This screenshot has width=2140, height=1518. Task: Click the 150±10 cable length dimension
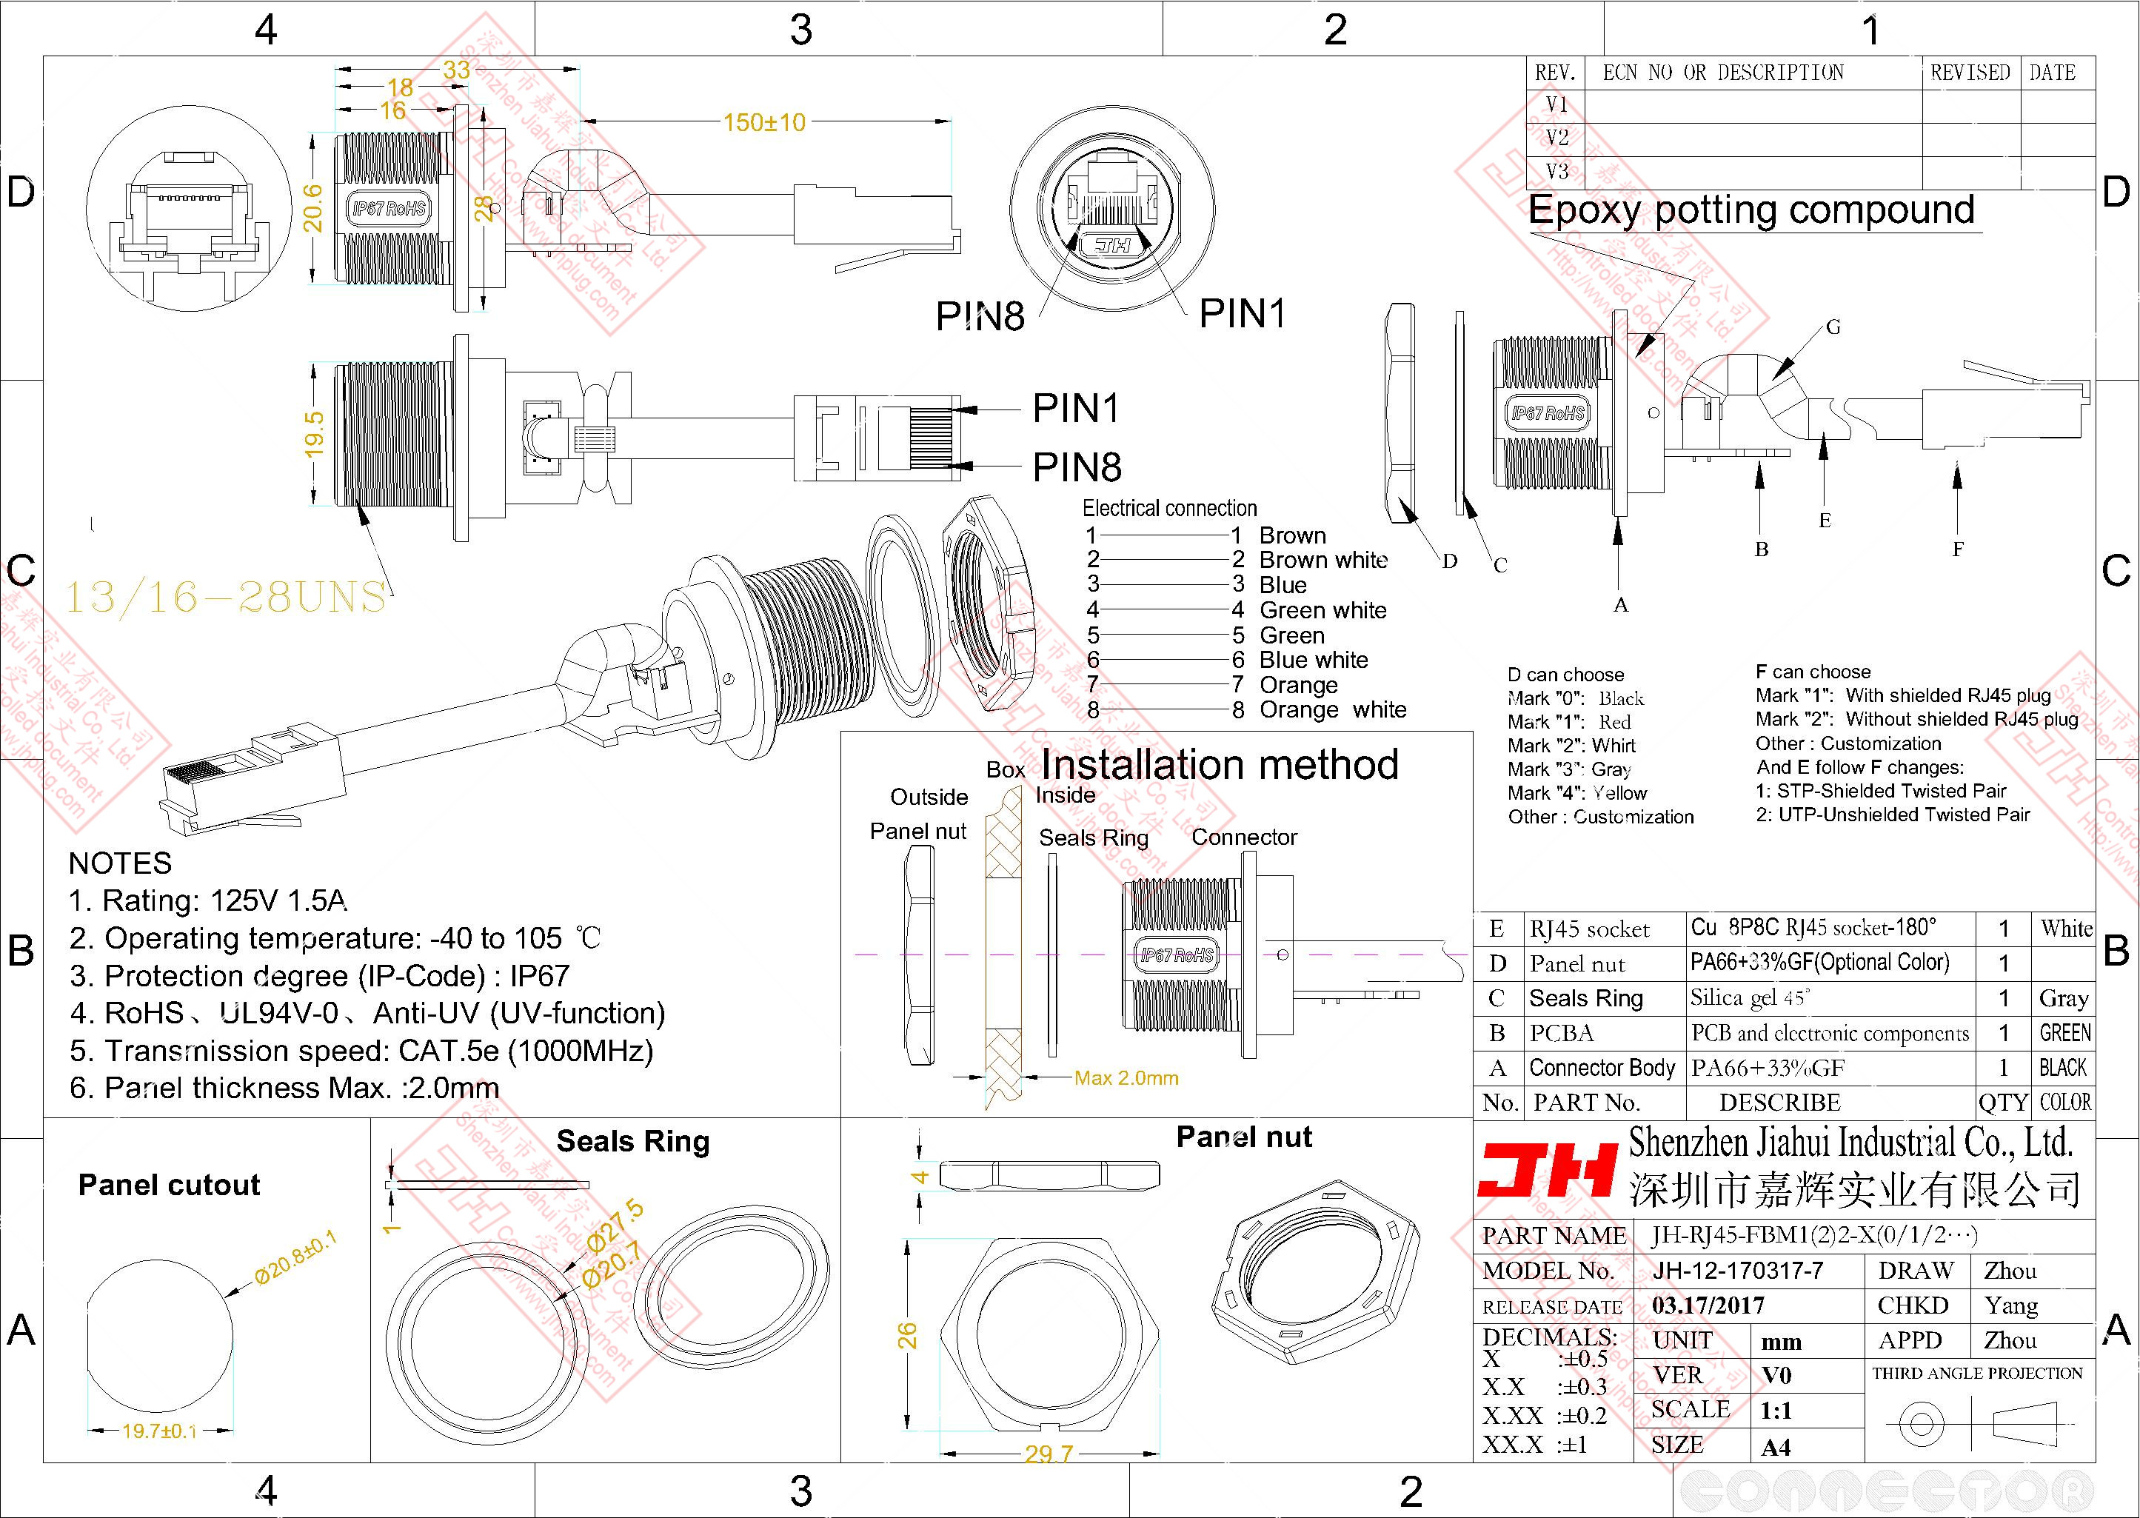(763, 122)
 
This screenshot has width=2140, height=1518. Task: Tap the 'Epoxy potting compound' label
(1751, 210)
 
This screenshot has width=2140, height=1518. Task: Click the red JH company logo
(1548, 1172)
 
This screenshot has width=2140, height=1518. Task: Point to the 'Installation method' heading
(1220, 765)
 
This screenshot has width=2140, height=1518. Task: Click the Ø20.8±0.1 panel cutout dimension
(295, 1258)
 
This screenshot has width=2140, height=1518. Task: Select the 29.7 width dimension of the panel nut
(1048, 1454)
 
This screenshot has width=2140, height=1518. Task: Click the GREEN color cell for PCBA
(2064, 1033)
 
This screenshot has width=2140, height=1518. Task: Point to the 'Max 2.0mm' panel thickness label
(1126, 1077)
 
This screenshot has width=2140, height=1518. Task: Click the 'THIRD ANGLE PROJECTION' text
(1977, 1373)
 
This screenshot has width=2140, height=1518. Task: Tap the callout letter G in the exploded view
(1833, 327)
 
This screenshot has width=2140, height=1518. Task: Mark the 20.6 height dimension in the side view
(314, 207)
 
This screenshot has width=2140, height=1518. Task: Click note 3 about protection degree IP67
(318, 976)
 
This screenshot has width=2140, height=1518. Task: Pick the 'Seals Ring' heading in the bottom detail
(632, 1141)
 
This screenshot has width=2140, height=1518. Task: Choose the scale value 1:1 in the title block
(1776, 1410)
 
